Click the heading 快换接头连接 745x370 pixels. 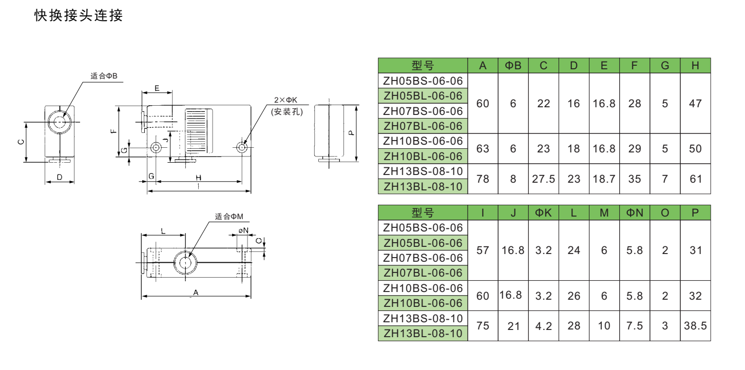(79, 15)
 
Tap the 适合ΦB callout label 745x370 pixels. (104, 76)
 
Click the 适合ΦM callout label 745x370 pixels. (229, 217)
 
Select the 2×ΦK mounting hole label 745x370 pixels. (285, 100)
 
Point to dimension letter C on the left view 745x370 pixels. (21, 142)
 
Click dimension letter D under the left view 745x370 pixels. (60, 177)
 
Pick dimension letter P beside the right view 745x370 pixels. (351, 133)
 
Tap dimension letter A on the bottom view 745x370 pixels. (196, 293)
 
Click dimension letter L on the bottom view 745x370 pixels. (163, 231)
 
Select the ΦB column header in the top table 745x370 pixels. (513, 66)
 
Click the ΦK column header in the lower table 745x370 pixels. (543, 212)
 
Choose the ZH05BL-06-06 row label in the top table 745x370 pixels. (423, 96)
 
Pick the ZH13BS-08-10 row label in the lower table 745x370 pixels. (423, 319)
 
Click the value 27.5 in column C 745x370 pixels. (543, 179)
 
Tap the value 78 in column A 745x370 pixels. (483, 179)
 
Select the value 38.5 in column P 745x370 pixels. (695, 325)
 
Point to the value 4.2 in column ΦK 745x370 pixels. (543, 326)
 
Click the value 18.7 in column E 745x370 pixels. (604, 179)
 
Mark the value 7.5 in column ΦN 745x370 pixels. (634, 326)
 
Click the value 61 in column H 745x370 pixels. (695, 179)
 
